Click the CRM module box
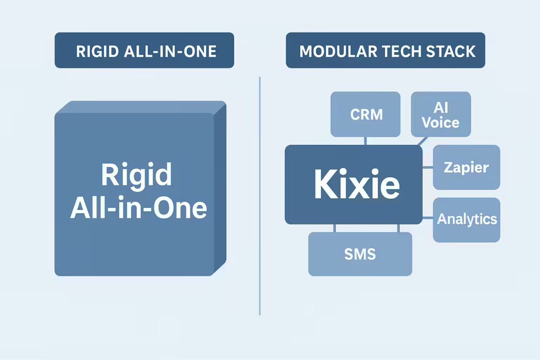click(x=365, y=114)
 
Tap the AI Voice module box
click(x=441, y=114)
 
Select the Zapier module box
click(x=466, y=167)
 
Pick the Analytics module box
click(x=466, y=220)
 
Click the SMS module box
click(x=360, y=254)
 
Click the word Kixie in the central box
click(x=357, y=184)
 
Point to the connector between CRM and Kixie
click(x=365, y=141)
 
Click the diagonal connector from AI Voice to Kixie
click(x=422, y=141)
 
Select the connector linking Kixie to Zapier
click(x=428, y=167)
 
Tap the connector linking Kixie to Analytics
click(x=428, y=218)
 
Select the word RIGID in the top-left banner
click(x=97, y=52)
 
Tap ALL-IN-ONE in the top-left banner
click(x=170, y=52)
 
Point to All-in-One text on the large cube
click(x=139, y=208)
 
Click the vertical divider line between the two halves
click(x=259, y=196)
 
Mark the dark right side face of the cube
click(x=220, y=188)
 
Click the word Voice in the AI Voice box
click(x=440, y=123)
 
